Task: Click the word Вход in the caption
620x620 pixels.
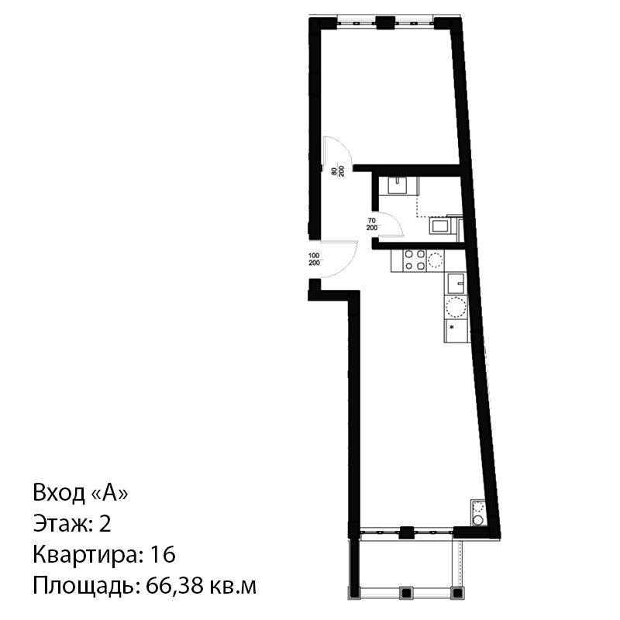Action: point(60,493)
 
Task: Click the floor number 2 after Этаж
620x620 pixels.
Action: point(105,524)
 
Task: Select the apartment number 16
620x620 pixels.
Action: point(163,554)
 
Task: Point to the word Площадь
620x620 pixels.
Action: point(84,587)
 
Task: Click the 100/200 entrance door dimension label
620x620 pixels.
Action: point(314,260)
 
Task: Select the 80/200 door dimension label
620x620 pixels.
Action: point(338,171)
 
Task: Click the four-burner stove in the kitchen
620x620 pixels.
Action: point(415,260)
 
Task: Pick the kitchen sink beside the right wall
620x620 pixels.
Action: point(456,282)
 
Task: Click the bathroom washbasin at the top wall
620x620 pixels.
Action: point(398,185)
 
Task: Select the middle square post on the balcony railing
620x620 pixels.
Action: point(406,592)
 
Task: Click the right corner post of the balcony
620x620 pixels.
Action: point(457,592)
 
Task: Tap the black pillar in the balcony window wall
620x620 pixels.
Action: point(406,532)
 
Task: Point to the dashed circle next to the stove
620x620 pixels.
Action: point(436,260)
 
